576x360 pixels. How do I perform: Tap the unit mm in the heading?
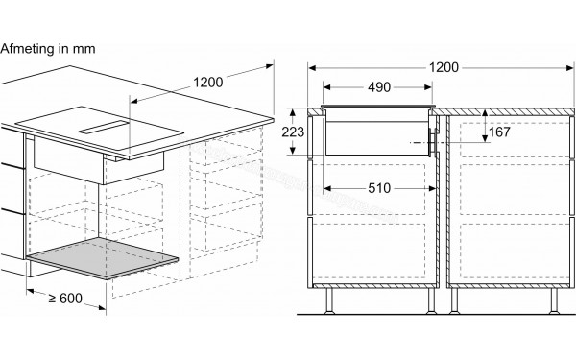(84, 47)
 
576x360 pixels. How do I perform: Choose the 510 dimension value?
(378, 188)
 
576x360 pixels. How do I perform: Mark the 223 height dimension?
(294, 132)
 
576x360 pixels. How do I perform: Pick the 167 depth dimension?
(498, 132)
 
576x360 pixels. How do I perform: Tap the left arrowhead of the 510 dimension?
(323, 188)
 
